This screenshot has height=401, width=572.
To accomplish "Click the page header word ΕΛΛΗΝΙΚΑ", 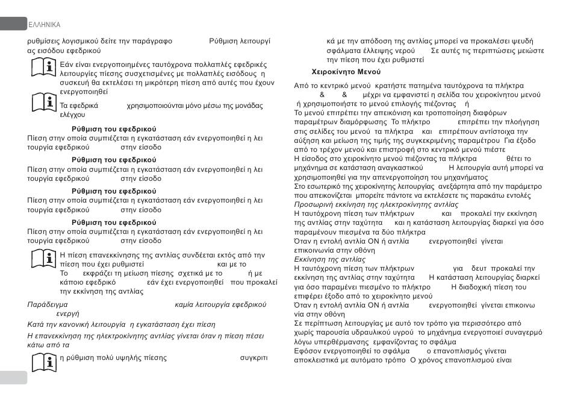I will coord(45,25).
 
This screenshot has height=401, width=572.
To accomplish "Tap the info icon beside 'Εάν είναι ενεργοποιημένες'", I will coord(43,68).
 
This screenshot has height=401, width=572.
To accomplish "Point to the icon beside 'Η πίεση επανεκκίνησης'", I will coord(43,257).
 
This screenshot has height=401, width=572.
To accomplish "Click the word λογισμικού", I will coord(75,41).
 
